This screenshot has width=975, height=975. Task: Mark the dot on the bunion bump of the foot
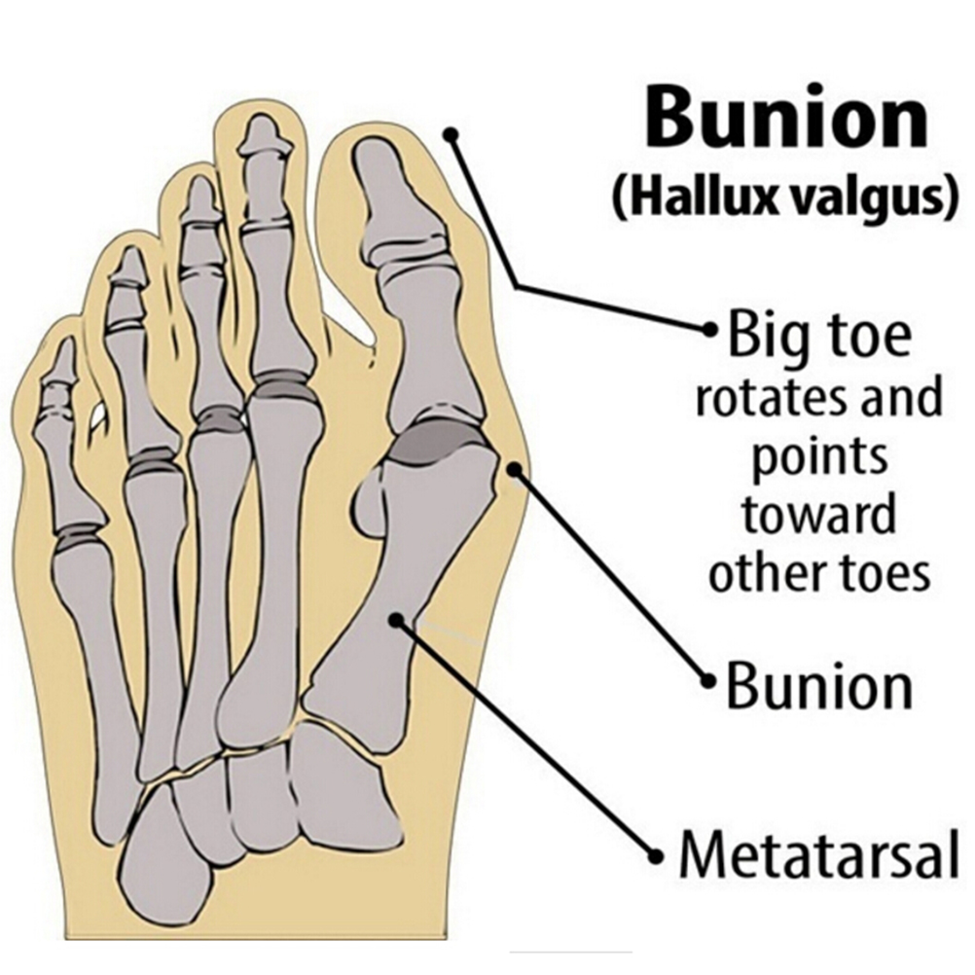[514, 470]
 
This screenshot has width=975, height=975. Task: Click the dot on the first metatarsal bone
[395, 619]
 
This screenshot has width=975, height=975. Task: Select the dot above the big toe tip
[452, 133]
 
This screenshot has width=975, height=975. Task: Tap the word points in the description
[819, 458]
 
